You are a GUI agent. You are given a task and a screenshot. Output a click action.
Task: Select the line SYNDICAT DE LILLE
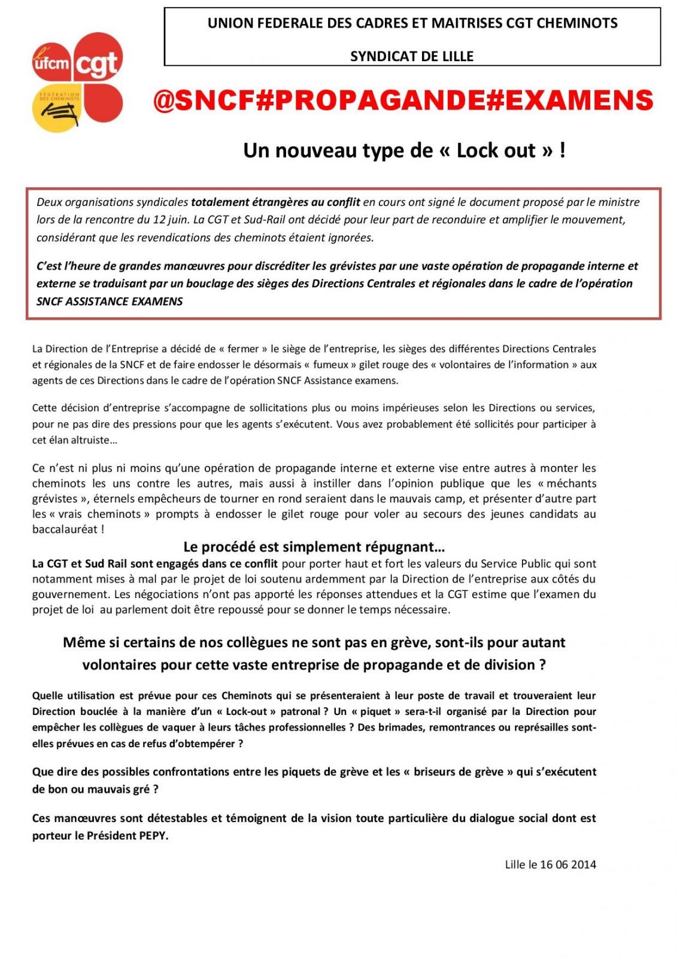tap(412, 56)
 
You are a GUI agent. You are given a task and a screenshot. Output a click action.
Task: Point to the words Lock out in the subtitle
tap(496, 150)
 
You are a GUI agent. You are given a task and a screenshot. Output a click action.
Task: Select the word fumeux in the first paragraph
tap(330, 364)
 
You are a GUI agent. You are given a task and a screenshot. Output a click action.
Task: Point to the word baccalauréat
tap(65, 529)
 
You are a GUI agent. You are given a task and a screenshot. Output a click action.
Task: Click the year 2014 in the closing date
tap(583, 864)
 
